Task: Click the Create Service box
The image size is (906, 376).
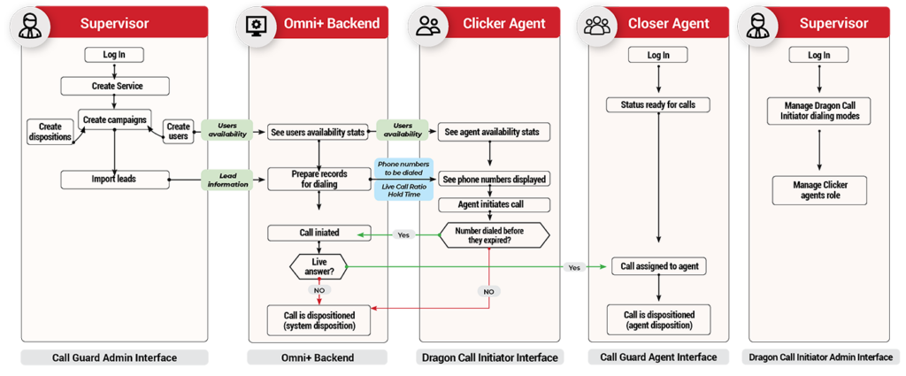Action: pos(116,86)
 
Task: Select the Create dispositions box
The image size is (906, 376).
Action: pos(50,132)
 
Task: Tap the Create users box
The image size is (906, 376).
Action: pos(178,132)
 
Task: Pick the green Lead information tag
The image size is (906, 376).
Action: pos(226,180)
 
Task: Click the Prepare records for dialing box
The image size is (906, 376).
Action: pos(319,180)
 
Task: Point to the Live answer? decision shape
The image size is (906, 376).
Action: pos(319,267)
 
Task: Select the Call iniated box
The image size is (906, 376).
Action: pos(319,234)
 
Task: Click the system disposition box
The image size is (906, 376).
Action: pos(319,320)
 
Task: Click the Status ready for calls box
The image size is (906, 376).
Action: pos(658,105)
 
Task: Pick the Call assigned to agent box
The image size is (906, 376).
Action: pos(658,266)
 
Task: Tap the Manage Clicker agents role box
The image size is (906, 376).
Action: pos(818,189)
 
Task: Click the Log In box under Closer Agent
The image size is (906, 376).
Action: pos(658,55)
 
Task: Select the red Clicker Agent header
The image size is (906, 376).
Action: pos(502,23)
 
